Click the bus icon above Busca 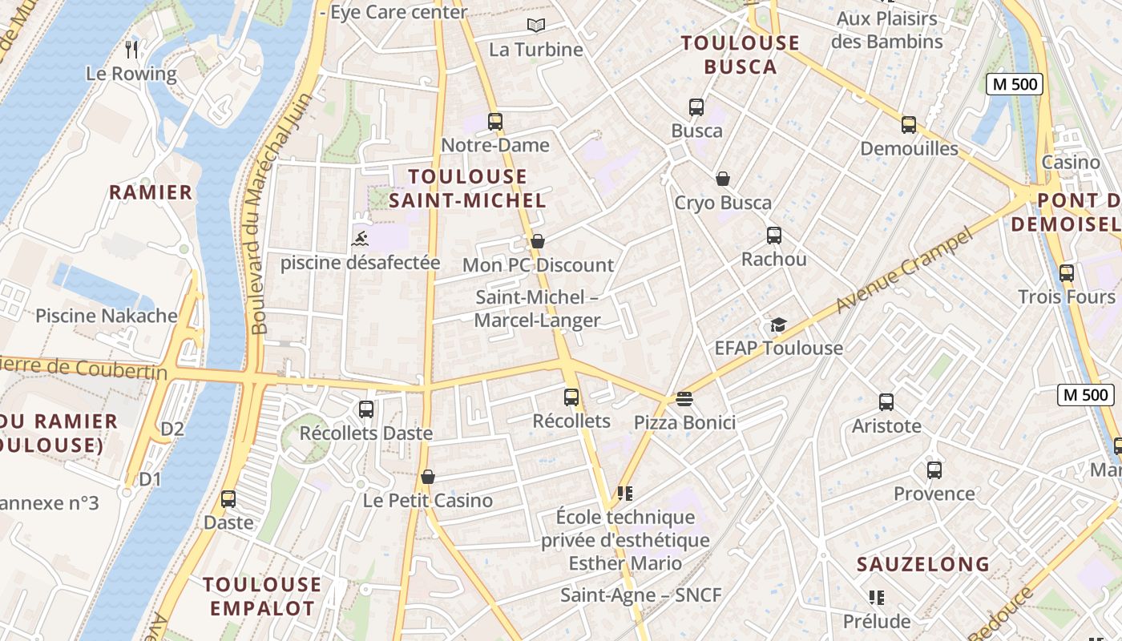696,107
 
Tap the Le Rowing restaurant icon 132,50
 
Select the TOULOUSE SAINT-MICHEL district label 467,188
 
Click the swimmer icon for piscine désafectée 360,238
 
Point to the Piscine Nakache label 106,316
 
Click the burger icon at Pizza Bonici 684,398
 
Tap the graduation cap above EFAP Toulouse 778,325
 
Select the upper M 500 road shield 1014,84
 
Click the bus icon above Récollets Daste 366,409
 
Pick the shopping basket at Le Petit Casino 428,477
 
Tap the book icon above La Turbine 535,26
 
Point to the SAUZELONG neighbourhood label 923,564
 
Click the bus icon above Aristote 886,401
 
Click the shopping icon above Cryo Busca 723,179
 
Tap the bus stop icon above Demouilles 908,124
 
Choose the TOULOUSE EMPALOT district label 262,595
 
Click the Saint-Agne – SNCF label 640,595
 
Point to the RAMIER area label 151,192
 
